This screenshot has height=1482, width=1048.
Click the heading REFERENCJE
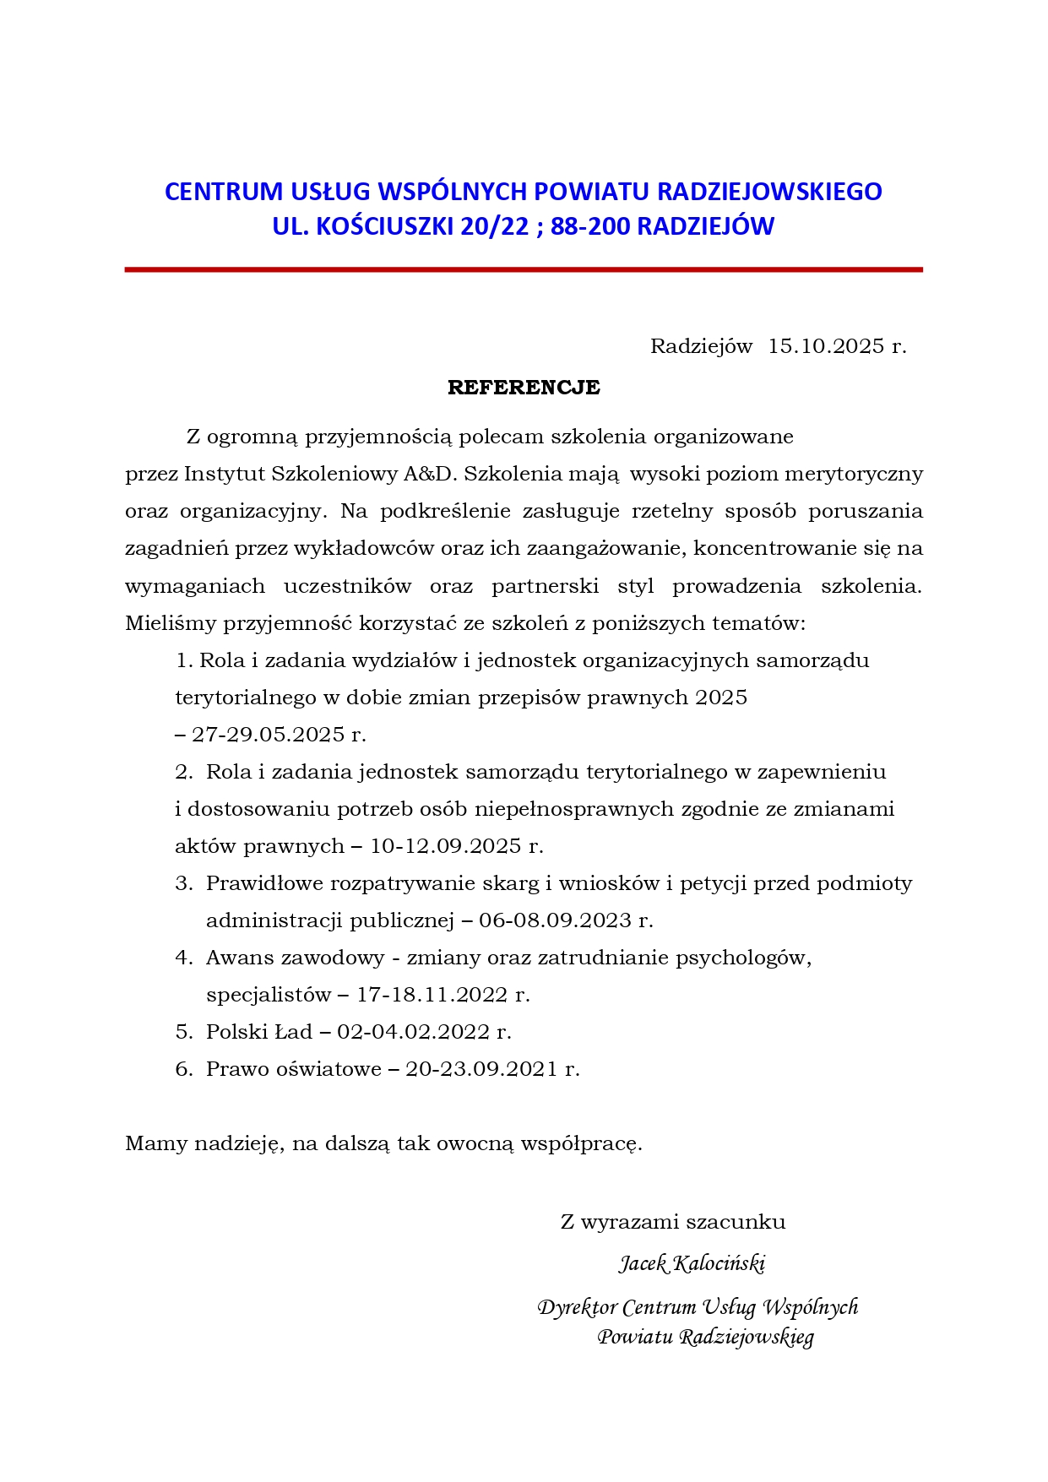click(x=524, y=388)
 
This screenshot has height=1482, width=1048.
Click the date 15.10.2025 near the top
click(x=826, y=346)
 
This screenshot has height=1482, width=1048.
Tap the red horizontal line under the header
click(x=524, y=269)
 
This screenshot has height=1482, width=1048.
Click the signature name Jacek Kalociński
click(x=692, y=1263)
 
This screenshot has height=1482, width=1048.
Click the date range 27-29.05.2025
click(x=269, y=735)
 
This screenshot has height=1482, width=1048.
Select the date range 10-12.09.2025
click(x=446, y=846)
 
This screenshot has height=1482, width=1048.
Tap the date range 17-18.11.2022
click(x=432, y=995)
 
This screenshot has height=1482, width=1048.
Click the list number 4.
click(x=183, y=958)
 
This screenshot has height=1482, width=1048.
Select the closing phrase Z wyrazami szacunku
click(x=673, y=1222)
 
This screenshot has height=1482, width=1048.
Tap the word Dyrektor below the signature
click(x=577, y=1307)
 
